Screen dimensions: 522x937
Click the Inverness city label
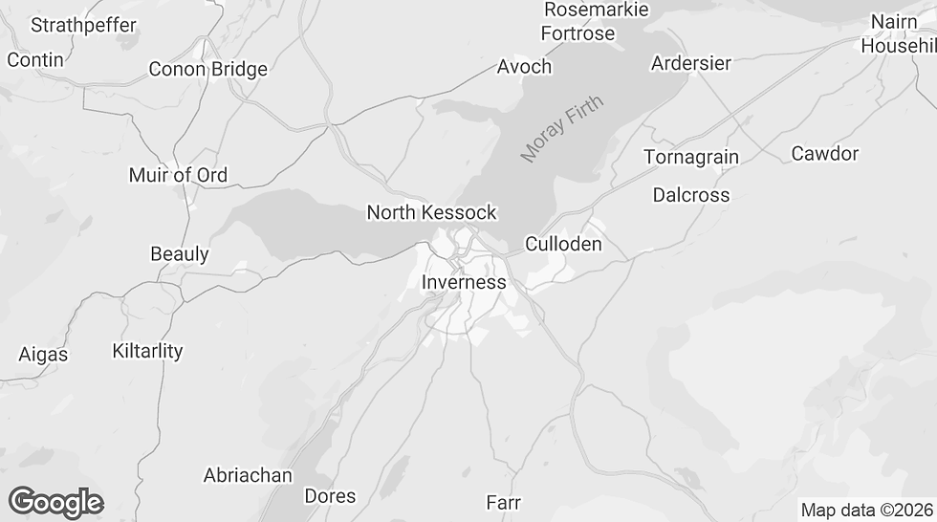pyautogui.click(x=464, y=282)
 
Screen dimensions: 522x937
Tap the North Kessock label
pyautogui.click(x=431, y=212)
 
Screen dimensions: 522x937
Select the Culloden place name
pyautogui.click(x=563, y=244)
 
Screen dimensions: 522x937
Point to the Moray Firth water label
pyautogui.click(x=562, y=129)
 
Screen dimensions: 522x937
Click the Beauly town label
pyautogui.click(x=180, y=254)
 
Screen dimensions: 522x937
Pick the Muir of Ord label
pyautogui.click(x=178, y=175)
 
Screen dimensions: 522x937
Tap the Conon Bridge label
pyautogui.click(x=207, y=69)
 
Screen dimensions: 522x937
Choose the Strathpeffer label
pyautogui.click(x=83, y=25)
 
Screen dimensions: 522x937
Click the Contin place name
pyautogui.click(x=35, y=59)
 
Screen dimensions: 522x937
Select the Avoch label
pyautogui.click(x=524, y=66)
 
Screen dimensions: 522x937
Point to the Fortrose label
pyautogui.click(x=577, y=33)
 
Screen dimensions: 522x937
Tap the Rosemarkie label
pyautogui.click(x=596, y=10)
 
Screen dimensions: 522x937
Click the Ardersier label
pyautogui.click(x=690, y=63)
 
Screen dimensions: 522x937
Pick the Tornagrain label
pyautogui.click(x=690, y=157)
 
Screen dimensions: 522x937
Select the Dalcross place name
pyautogui.click(x=690, y=195)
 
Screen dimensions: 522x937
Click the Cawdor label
pyautogui.click(x=825, y=153)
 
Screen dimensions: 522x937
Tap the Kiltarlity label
pyautogui.click(x=147, y=350)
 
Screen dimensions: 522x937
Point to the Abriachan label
pyautogui.click(x=247, y=475)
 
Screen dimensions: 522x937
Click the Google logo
pyautogui.click(x=55, y=502)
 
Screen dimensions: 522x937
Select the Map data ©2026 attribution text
pyautogui.click(x=865, y=510)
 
